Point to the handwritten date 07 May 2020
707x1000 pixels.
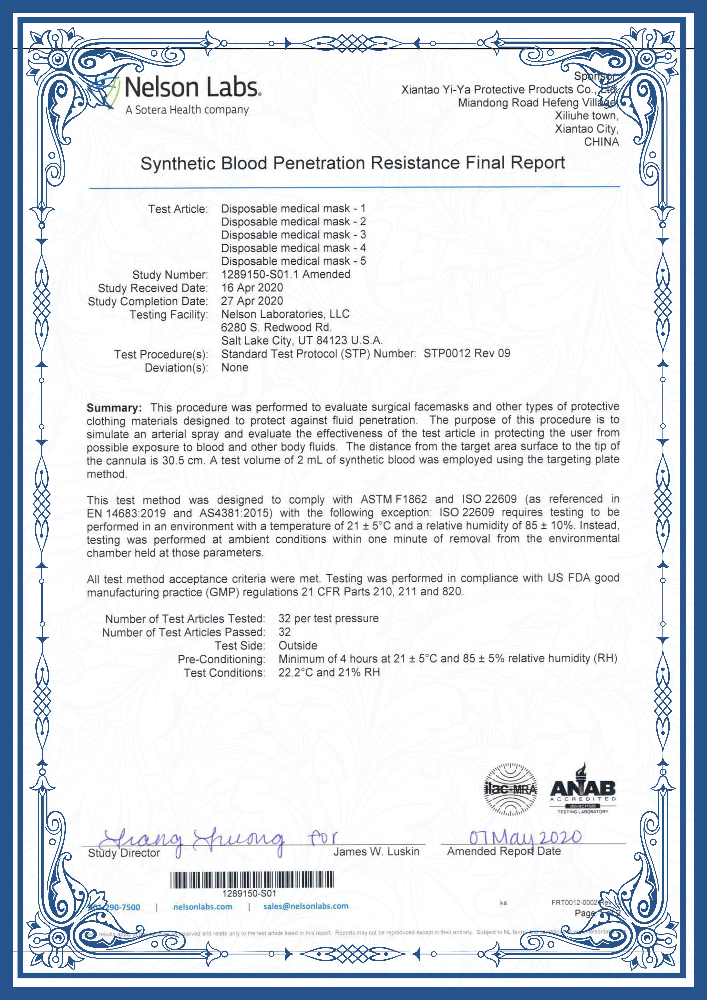525,837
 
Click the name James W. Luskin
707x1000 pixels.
376,852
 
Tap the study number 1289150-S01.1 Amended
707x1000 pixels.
285,274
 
